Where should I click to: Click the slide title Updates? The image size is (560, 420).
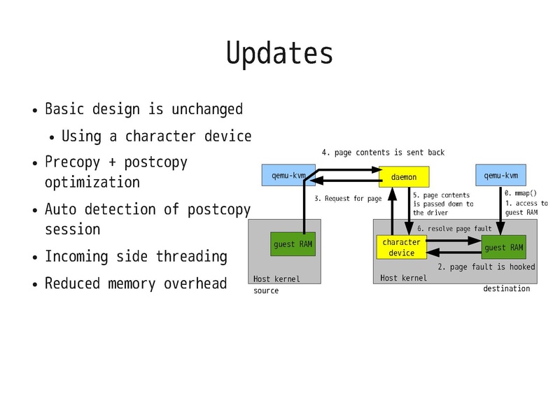279,53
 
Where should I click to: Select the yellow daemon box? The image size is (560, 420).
403,178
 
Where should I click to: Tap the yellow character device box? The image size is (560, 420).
401,247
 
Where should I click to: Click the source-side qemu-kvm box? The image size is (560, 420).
288,175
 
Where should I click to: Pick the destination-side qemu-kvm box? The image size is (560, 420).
501,175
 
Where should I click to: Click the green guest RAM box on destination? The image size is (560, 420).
504,247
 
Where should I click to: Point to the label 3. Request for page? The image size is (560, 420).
348,199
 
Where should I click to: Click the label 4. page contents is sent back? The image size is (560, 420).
383,152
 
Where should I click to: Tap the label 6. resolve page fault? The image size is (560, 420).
454,228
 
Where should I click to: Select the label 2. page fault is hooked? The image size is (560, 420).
486,267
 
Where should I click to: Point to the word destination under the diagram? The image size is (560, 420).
506,288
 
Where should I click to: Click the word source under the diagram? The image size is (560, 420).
266,290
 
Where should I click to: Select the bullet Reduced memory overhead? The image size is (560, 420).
136,283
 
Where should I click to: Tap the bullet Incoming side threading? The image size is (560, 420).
136,256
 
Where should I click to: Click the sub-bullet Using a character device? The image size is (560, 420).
156,136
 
